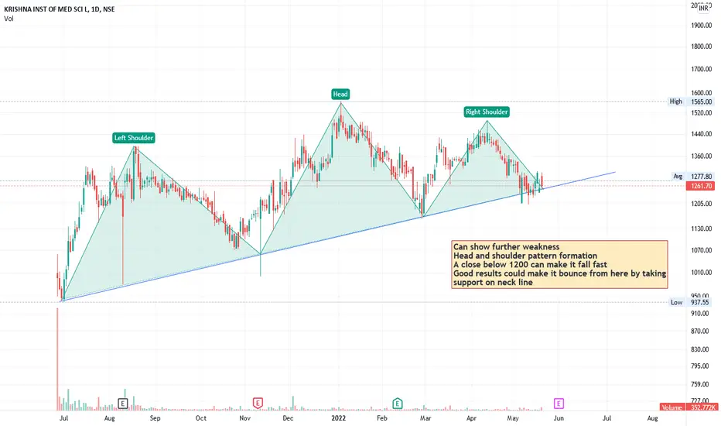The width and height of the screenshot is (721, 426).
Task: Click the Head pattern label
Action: point(340,94)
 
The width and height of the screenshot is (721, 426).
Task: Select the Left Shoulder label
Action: point(134,138)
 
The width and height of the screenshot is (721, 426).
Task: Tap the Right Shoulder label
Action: point(487,112)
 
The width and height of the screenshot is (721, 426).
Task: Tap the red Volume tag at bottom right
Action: point(689,407)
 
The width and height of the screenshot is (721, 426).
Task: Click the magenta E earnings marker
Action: point(559,403)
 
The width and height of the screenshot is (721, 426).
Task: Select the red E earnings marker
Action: point(258,403)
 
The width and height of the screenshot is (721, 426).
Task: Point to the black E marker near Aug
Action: point(122,403)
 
